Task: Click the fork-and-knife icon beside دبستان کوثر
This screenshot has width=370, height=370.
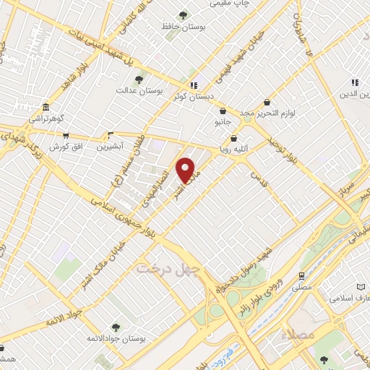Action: (193, 85)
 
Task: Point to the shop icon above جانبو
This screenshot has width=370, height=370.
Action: (223, 111)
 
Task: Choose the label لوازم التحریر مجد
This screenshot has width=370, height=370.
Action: (267, 114)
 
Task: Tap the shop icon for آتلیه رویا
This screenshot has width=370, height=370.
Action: (233, 139)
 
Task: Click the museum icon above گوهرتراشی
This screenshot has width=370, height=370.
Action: (46, 106)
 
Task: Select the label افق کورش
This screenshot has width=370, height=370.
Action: (64, 147)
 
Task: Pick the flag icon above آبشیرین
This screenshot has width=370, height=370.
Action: (111, 134)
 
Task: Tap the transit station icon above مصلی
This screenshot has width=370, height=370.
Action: (301, 275)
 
